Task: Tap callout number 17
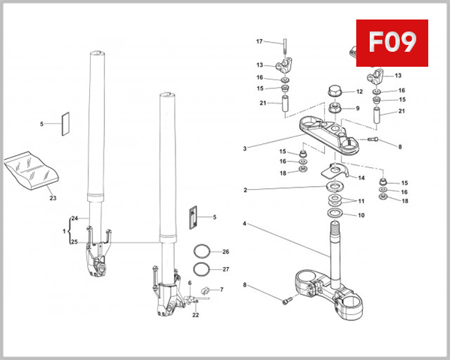point(259,41)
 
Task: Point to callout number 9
point(358,108)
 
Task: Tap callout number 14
point(361,178)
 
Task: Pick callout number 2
point(244,190)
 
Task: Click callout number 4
point(244,223)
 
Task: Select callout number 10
point(361,215)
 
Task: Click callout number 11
point(361,202)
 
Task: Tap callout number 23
point(52,199)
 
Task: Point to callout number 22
point(195,314)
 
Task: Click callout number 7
point(221,289)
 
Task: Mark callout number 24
point(74,218)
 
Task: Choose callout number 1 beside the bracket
point(64,230)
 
